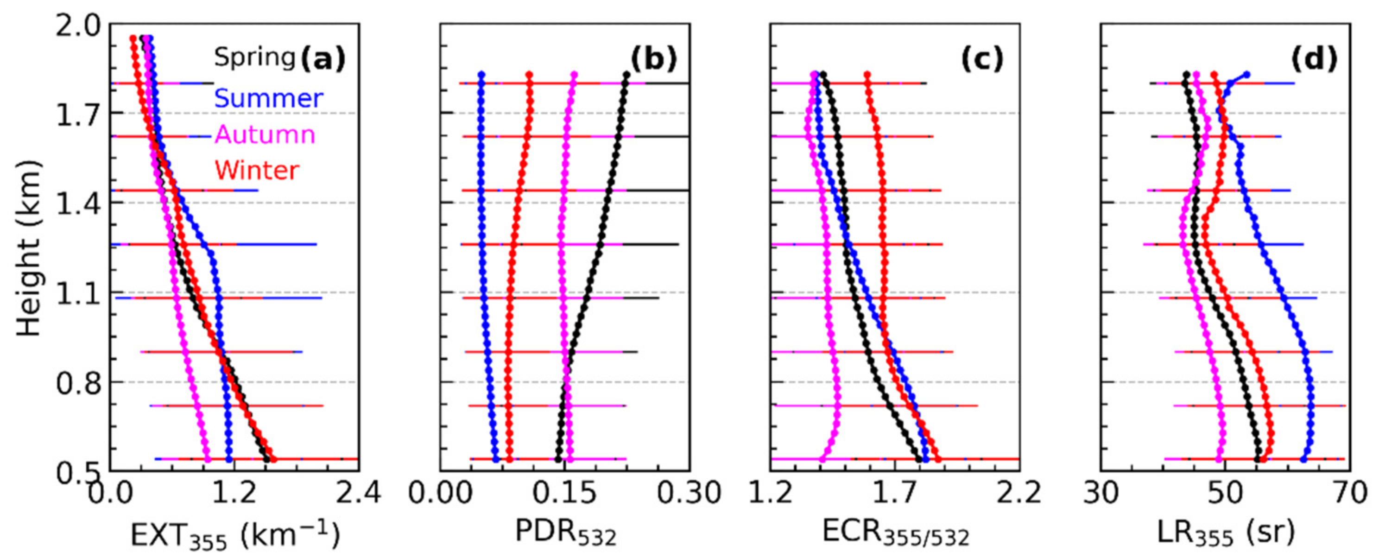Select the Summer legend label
point(268,99)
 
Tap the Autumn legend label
point(265,135)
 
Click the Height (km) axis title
point(28,247)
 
